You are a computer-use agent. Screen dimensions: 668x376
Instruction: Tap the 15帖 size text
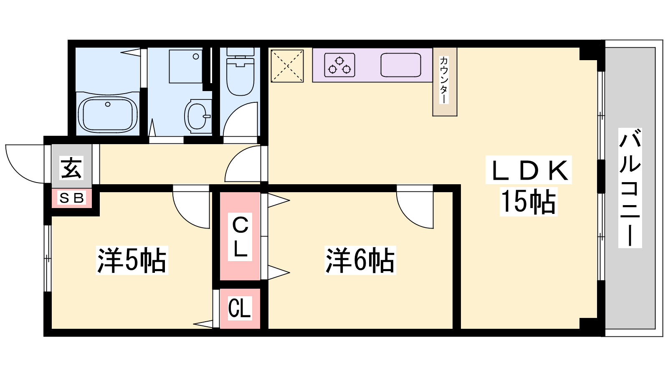click(x=529, y=201)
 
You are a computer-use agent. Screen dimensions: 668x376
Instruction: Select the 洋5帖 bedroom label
click(x=132, y=260)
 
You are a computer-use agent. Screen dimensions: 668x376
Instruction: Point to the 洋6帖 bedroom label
click(x=360, y=260)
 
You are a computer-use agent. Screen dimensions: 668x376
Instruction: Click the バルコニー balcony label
click(x=630, y=188)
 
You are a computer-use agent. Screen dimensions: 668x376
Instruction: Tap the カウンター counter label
click(x=444, y=80)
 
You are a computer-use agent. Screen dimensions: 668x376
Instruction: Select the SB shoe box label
click(x=71, y=198)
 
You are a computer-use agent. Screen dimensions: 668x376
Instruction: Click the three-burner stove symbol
click(x=339, y=65)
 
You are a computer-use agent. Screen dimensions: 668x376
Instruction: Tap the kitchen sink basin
click(x=401, y=65)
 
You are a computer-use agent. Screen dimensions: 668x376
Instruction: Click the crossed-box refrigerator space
click(x=287, y=66)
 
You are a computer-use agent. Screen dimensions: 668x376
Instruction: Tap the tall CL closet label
click(x=240, y=237)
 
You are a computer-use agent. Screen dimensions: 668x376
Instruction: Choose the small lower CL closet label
click(x=240, y=309)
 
